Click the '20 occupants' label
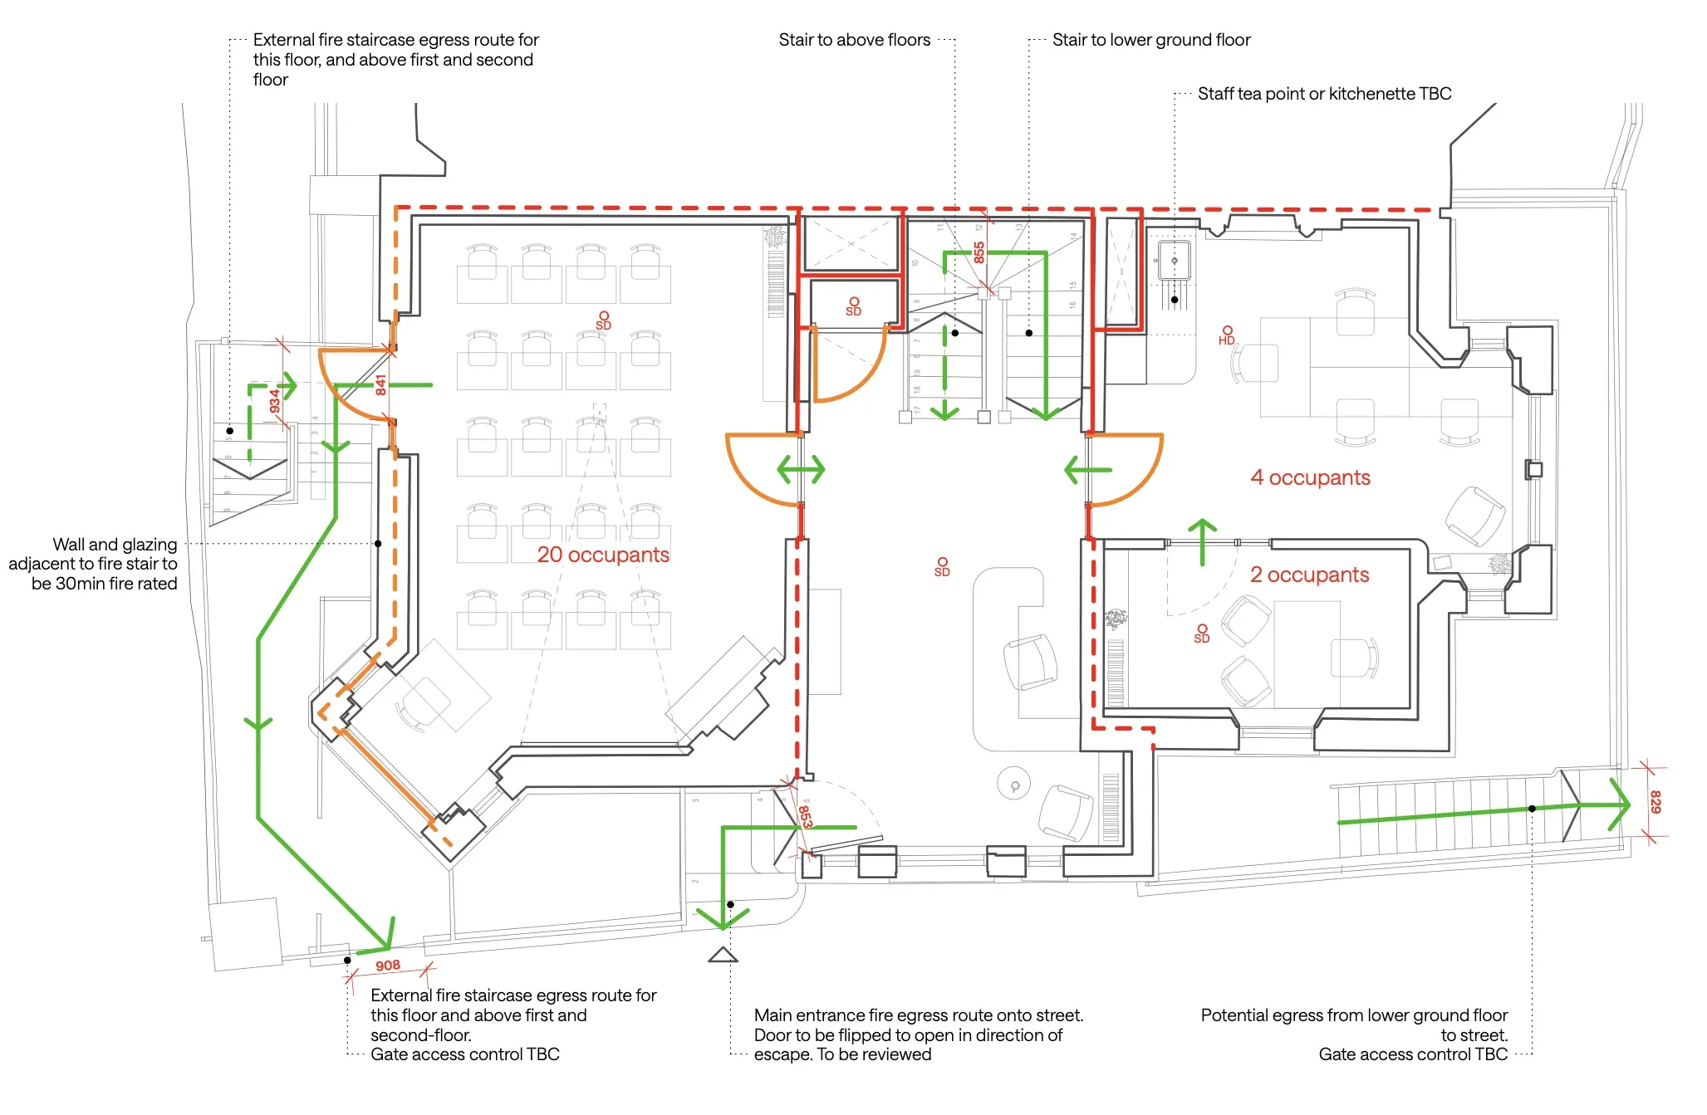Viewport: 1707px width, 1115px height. (x=603, y=555)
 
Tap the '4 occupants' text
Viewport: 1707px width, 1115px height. (x=1310, y=477)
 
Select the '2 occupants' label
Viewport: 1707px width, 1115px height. (x=1309, y=575)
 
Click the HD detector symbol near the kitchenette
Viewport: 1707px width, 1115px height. (x=1227, y=335)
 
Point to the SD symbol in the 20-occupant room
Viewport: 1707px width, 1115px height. (x=604, y=320)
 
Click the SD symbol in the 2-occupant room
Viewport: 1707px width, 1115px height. (x=1202, y=633)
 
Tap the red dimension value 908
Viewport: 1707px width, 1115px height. (x=388, y=966)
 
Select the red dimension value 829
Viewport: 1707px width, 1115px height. (x=1655, y=801)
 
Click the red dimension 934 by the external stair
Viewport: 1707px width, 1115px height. (x=275, y=402)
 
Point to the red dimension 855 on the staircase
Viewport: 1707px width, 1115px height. (x=979, y=252)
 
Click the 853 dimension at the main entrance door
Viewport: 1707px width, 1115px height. (x=805, y=816)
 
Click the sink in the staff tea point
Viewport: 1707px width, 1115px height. (x=1174, y=261)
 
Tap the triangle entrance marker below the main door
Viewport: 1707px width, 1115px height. (x=723, y=955)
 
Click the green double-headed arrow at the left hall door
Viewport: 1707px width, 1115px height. (x=801, y=469)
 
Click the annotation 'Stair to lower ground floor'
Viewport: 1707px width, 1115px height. (x=1150, y=40)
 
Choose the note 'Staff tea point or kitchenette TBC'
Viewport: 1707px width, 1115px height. (x=1324, y=94)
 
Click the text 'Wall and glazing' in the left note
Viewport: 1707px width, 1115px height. (x=115, y=545)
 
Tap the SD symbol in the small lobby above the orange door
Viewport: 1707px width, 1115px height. (x=853, y=306)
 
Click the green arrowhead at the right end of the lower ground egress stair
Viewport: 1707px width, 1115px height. (x=1619, y=804)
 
